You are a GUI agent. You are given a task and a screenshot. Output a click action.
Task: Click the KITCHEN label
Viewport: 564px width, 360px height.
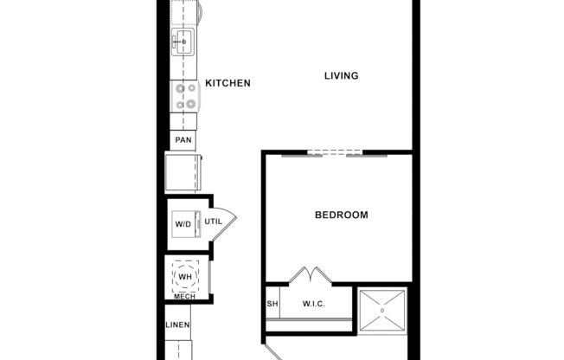(228, 83)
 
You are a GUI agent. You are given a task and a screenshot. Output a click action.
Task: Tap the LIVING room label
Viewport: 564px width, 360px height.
(341, 76)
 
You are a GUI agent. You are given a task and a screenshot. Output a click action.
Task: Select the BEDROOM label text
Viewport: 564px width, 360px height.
(341, 215)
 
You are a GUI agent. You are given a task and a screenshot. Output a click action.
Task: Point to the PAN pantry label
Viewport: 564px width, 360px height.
(183, 140)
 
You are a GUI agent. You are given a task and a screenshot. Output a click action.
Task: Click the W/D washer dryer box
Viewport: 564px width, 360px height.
(184, 224)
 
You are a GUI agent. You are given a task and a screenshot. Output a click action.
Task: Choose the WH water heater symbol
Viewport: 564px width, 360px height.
(185, 276)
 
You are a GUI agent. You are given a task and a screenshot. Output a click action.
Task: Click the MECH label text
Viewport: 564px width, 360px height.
(184, 297)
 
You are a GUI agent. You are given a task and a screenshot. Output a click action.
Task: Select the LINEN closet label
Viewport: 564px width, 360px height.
(177, 325)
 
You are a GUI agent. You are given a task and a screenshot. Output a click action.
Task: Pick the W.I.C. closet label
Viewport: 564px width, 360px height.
(313, 304)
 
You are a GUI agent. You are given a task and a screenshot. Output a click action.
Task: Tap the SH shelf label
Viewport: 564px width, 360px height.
(272, 304)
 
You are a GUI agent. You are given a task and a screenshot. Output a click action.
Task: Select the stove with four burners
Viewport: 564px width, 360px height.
(185, 95)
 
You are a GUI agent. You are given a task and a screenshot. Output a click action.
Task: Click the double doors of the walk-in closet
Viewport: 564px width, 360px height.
(310, 274)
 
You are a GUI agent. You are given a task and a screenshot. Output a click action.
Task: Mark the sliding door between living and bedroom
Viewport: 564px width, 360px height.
(335, 154)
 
